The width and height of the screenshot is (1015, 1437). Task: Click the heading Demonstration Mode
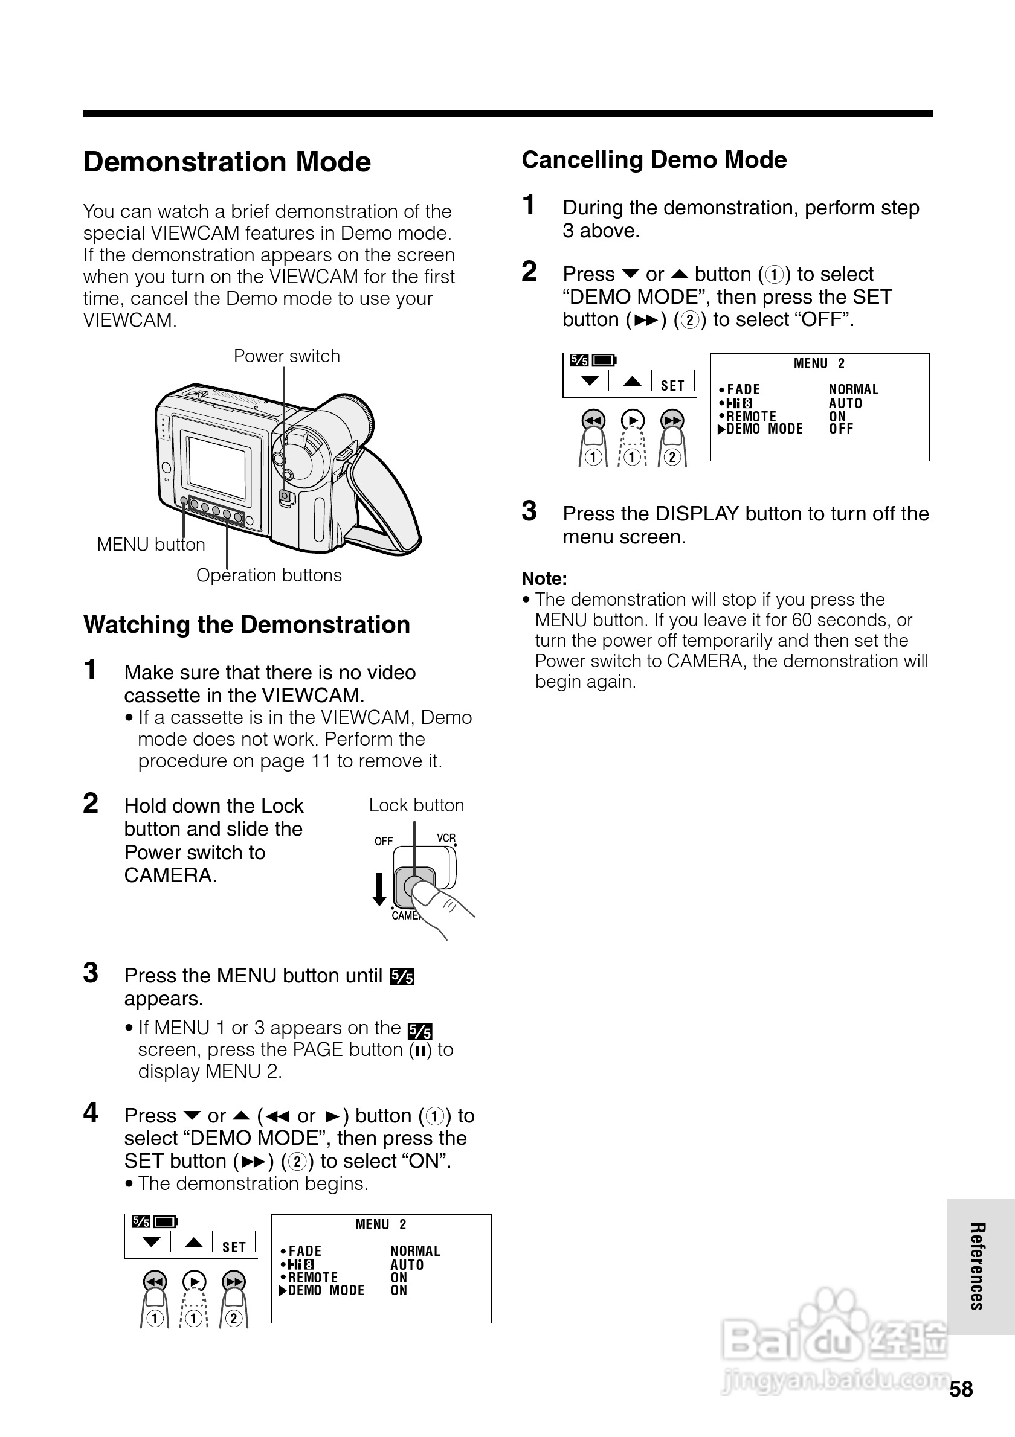(x=227, y=162)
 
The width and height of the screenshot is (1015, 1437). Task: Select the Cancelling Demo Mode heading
(x=654, y=160)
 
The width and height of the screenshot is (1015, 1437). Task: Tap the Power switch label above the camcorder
(x=287, y=356)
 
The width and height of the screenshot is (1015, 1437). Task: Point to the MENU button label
(x=151, y=545)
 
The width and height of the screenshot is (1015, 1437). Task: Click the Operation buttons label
(x=269, y=575)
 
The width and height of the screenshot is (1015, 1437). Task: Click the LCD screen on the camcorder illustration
(x=217, y=466)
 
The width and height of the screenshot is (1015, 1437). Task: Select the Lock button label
(x=416, y=805)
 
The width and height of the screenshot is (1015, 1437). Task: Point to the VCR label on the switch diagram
(x=446, y=838)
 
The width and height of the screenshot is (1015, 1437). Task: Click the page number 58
(x=961, y=1389)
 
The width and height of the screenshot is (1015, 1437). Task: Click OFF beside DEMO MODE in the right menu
(x=841, y=429)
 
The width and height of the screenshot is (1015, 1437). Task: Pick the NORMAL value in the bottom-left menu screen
(x=415, y=1251)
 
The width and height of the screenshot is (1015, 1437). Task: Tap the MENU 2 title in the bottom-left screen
(x=381, y=1225)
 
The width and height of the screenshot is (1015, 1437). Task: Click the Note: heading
(x=544, y=579)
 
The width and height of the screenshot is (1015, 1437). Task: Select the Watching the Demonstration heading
(x=246, y=625)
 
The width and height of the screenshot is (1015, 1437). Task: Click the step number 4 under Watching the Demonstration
(x=91, y=1113)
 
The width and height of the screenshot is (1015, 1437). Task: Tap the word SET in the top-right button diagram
(x=672, y=386)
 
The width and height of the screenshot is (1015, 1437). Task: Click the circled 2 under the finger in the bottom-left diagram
(x=234, y=1319)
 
